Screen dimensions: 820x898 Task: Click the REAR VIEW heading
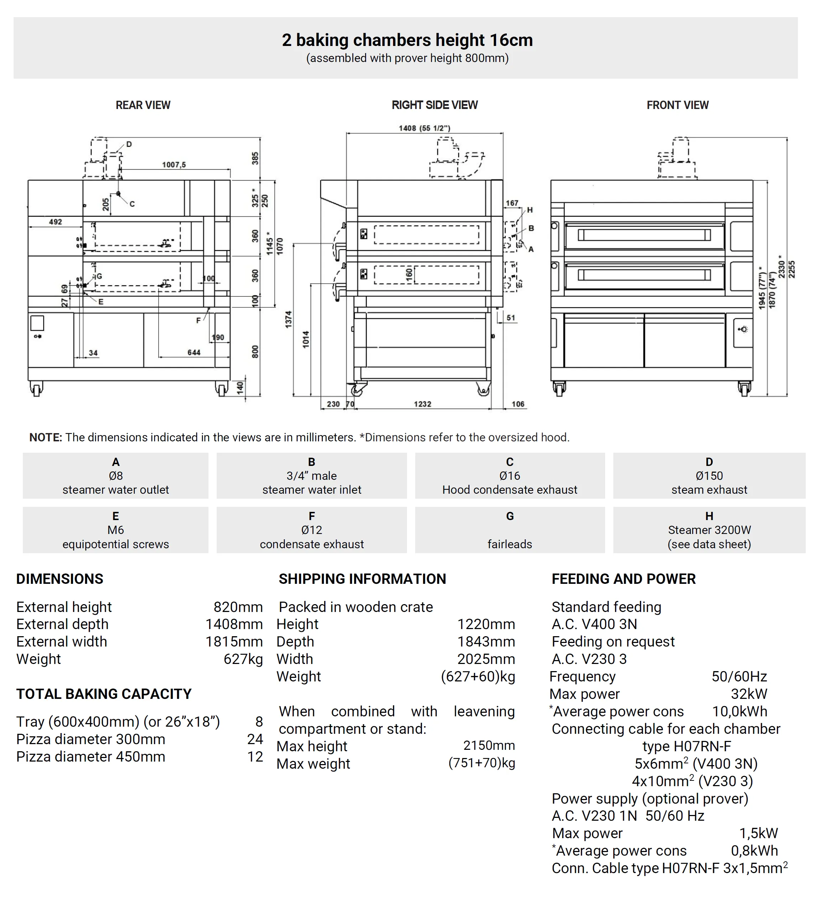point(143,105)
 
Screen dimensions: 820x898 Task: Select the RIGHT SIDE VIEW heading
point(434,105)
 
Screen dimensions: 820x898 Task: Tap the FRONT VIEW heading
point(677,105)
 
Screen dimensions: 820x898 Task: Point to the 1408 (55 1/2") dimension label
point(424,128)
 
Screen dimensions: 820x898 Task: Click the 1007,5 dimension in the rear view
point(174,165)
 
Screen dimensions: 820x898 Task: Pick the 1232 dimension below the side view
point(423,404)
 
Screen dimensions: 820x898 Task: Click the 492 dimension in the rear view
point(56,222)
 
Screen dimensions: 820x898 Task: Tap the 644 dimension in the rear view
point(194,352)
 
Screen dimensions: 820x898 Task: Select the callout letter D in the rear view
point(129,144)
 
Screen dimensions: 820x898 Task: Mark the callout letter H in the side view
point(530,210)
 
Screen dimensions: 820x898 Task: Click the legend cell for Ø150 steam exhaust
point(709,476)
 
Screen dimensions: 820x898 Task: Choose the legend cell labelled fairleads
point(510,530)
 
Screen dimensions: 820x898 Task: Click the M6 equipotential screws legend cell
point(115,530)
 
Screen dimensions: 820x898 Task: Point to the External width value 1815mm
point(234,642)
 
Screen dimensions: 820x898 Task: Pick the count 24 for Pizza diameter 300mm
point(256,739)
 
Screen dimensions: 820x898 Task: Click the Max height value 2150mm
point(489,745)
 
